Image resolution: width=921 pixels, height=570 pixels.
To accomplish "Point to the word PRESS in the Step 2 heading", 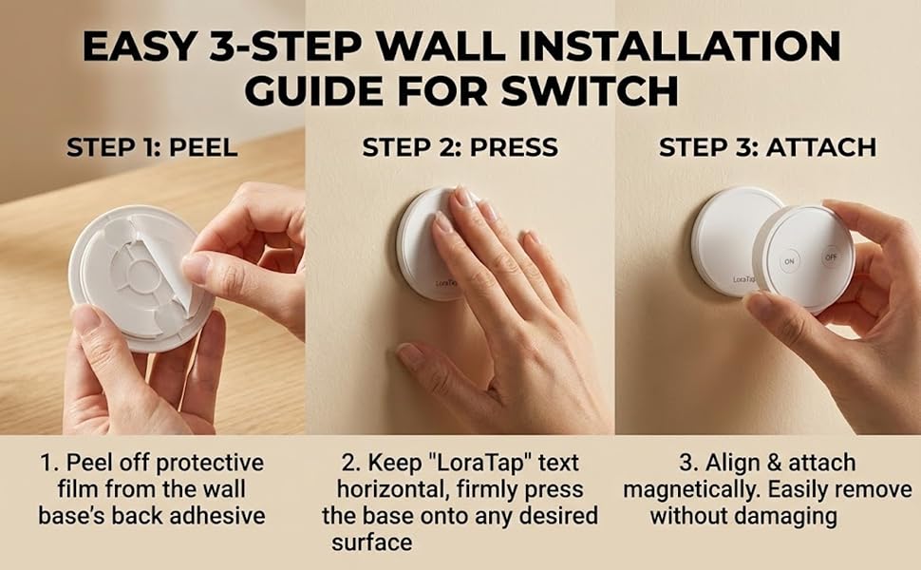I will point(513,147).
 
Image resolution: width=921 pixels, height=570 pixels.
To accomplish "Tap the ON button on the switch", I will point(789,260).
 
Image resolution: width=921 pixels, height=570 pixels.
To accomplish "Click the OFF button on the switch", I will point(831,257).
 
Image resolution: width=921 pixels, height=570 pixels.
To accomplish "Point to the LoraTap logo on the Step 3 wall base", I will point(745,279).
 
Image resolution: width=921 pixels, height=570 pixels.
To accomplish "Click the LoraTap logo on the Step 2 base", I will point(452,281).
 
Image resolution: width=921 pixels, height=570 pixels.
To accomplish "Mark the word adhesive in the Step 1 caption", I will point(221,517).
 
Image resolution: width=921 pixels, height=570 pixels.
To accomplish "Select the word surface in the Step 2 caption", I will point(371,542).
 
